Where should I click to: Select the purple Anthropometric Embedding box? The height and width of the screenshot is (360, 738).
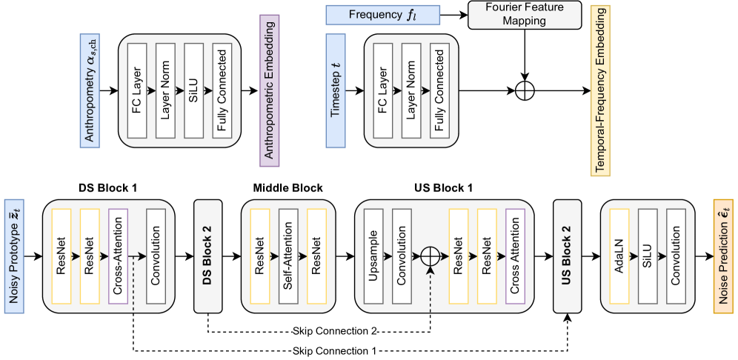click(269, 92)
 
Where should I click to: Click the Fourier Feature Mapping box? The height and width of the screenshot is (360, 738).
click(525, 15)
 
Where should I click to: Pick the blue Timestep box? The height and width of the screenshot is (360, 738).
click(336, 92)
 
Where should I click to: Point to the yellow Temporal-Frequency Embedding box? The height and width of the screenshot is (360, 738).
click(601, 92)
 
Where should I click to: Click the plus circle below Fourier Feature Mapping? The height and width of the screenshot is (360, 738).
click(525, 92)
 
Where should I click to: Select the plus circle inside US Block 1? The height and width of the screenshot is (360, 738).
click(430, 256)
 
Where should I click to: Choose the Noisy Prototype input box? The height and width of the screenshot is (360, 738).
click(13, 256)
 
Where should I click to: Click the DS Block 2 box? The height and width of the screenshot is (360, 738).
click(207, 256)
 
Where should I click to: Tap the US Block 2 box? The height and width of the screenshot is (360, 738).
click(568, 256)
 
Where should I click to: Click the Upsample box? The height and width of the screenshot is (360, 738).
click(373, 256)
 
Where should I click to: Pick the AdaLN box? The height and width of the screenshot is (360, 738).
click(619, 256)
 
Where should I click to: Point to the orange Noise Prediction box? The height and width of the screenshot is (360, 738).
click(723, 256)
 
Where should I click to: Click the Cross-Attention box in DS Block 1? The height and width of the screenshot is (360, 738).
click(119, 256)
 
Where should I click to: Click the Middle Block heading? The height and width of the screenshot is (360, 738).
click(287, 188)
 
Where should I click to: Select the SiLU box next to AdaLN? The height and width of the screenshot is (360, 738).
click(648, 256)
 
